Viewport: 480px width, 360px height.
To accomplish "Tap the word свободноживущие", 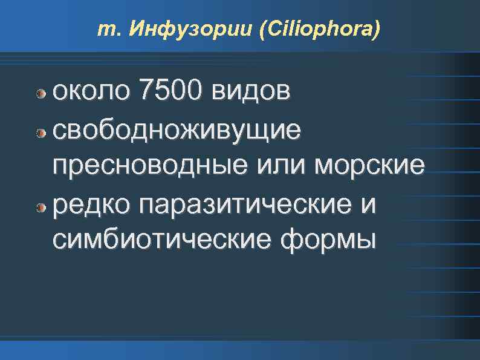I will point(176,129).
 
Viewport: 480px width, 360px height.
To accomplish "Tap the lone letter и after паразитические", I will point(368,204).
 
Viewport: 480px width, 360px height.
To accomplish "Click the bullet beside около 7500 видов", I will point(41,94).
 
